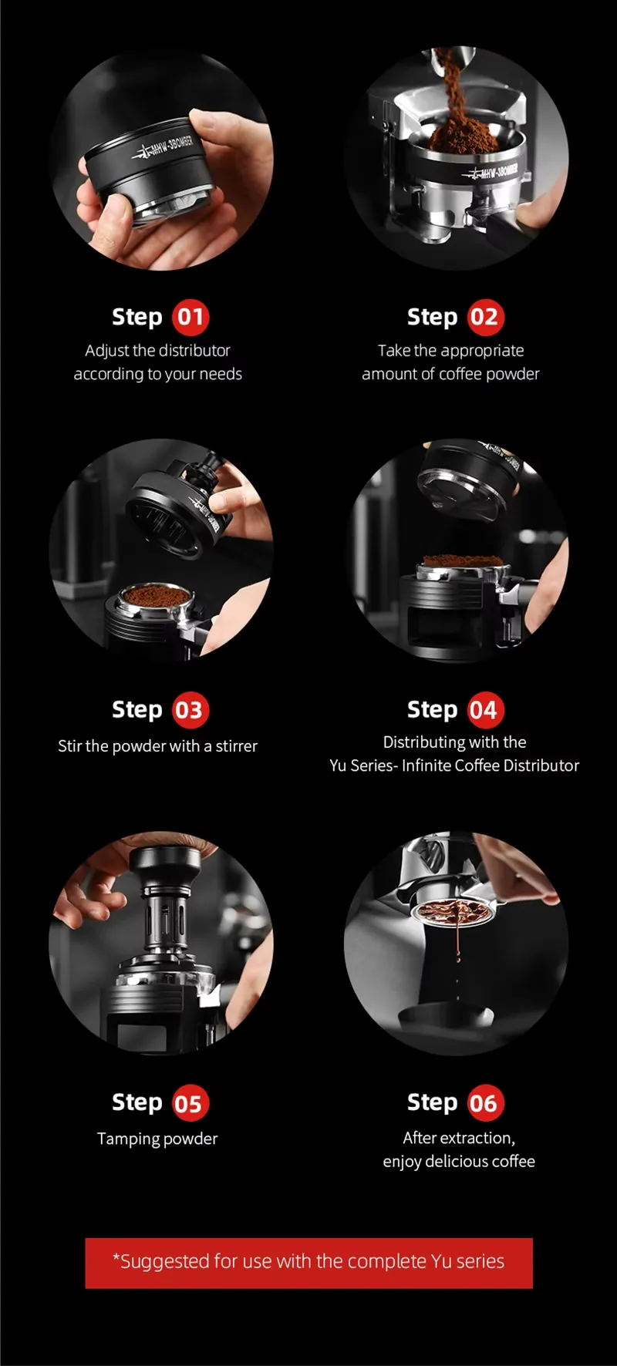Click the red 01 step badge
[x=190, y=317]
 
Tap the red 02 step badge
[x=484, y=317]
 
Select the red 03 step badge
[x=190, y=710]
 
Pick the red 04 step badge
[x=484, y=710]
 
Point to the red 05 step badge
[x=190, y=1103]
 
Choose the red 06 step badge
[x=484, y=1103]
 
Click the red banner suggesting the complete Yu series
[x=308, y=1263]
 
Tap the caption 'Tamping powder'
[x=157, y=1139]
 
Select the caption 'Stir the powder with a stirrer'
[x=157, y=745]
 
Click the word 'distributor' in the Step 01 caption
[x=194, y=350]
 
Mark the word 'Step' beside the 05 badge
[x=137, y=1103]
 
